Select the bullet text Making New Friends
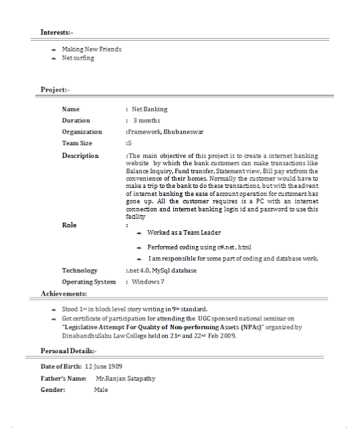92,49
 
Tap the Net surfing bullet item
78,58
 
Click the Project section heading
54,90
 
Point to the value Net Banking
150,109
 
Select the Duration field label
76,120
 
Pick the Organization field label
82,132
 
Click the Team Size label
77,143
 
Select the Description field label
80,156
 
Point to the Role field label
69,225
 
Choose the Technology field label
80,271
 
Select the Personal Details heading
68,350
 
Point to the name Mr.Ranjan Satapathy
125,378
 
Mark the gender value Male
101,389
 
